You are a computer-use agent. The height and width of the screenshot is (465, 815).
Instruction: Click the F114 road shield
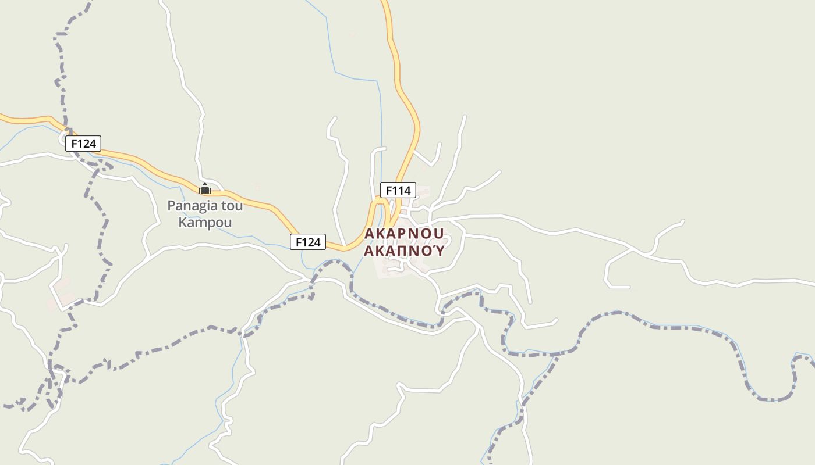pyautogui.click(x=398, y=190)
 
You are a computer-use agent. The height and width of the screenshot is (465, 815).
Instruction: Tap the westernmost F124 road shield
pyautogui.click(x=83, y=144)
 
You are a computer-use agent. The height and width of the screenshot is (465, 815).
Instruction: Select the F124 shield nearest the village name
pyautogui.click(x=308, y=242)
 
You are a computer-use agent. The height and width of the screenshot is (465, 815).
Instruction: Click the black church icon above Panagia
pyautogui.click(x=205, y=189)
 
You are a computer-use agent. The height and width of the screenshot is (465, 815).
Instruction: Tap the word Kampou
pyautogui.click(x=205, y=223)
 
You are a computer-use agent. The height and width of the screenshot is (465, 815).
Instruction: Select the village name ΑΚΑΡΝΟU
pyautogui.click(x=404, y=234)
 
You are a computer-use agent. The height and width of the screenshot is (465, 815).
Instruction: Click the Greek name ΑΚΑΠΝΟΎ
pyautogui.click(x=404, y=251)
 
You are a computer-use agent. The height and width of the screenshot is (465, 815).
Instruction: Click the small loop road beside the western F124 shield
pyautogui.click(x=65, y=138)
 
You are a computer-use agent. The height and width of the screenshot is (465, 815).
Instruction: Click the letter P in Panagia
pyautogui.click(x=171, y=206)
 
